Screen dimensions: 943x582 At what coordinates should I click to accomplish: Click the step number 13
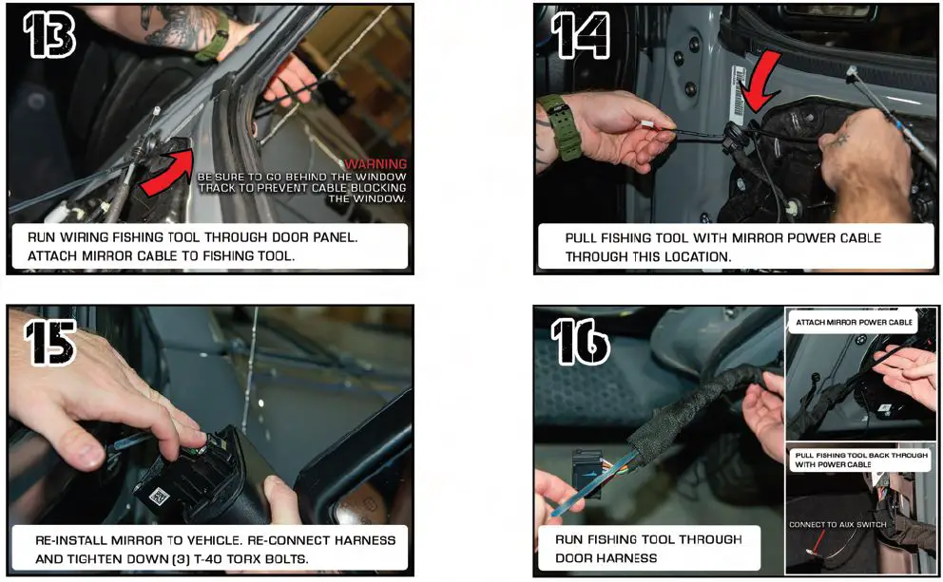pos(49,35)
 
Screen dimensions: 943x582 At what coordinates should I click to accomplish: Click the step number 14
pos(581,36)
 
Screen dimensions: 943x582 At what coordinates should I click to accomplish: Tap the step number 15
pos(50,343)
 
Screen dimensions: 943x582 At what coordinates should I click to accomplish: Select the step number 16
pos(581,342)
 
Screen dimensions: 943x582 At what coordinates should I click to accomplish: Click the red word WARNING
pos(375,164)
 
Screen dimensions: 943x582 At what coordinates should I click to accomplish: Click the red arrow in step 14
pos(759,82)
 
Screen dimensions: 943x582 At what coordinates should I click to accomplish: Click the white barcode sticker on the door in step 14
pos(739,95)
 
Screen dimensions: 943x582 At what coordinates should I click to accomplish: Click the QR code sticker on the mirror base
pos(158,497)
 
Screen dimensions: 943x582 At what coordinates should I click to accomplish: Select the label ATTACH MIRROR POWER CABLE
pos(854,323)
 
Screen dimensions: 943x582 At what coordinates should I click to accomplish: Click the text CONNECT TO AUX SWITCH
pos(837,524)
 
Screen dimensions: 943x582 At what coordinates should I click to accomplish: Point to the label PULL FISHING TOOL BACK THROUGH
pos(861,456)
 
